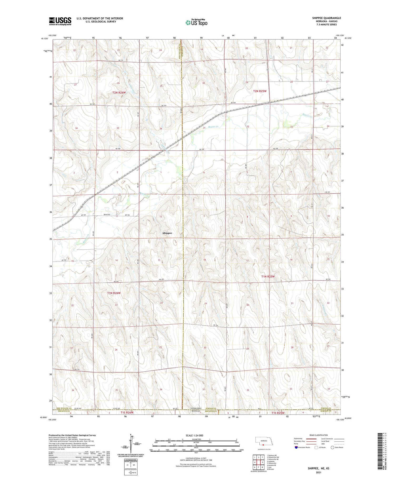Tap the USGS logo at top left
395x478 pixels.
(x=60, y=21)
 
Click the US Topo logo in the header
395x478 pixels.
(x=196, y=22)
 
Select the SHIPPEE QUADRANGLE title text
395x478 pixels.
(x=326, y=18)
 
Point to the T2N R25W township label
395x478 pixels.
(x=260, y=91)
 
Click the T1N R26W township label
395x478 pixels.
(x=114, y=293)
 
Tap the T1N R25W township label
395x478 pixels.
(x=268, y=277)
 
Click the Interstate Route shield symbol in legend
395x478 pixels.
(x=297, y=447)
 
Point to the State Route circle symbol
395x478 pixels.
(x=332, y=447)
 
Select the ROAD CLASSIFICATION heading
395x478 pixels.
(x=318, y=435)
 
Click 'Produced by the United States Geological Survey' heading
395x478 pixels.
(x=72, y=435)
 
